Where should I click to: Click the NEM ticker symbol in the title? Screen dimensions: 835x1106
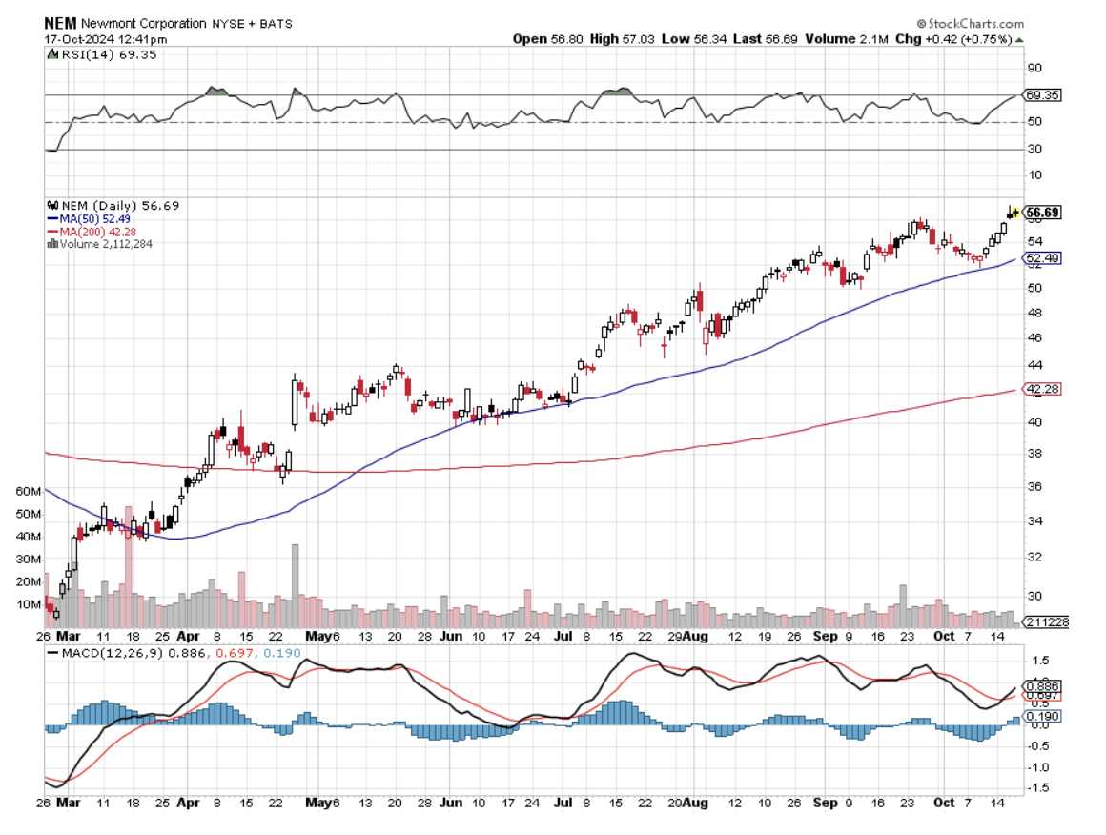coord(61,22)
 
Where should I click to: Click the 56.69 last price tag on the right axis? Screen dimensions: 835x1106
coord(1043,213)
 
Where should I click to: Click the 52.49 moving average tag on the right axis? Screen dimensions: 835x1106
coord(1041,258)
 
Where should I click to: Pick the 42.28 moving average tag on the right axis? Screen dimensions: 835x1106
coord(1041,389)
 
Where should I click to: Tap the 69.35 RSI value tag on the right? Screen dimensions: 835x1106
coord(1041,95)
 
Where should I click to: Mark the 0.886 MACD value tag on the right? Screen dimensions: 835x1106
coord(1041,685)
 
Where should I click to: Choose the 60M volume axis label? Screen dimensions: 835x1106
coord(30,491)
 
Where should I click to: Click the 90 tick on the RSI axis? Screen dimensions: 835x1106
coord(1035,68)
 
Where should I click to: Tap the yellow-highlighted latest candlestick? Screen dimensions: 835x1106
coord(1014,213)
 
